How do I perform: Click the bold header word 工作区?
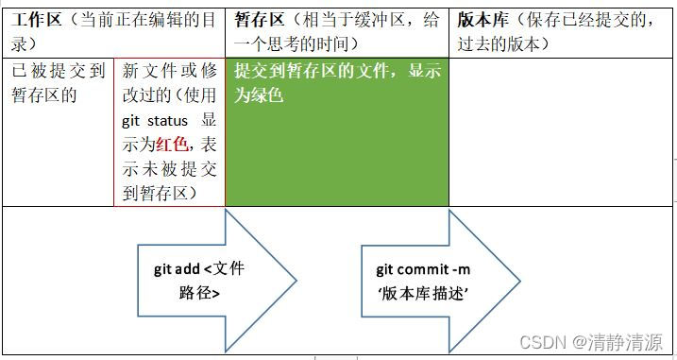39,19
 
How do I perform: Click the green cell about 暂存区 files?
336,132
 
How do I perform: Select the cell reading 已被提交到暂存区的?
58,83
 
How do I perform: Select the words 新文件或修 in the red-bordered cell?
169,72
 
